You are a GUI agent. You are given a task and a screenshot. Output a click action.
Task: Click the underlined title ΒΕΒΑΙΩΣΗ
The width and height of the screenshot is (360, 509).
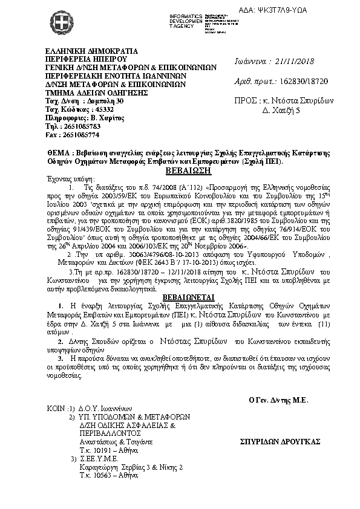(180, 170)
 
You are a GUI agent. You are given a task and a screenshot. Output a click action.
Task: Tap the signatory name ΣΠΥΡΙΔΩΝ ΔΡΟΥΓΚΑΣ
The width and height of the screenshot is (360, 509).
(279, 443)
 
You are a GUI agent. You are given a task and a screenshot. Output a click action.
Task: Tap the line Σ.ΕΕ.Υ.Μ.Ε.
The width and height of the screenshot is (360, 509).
(102, 459)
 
